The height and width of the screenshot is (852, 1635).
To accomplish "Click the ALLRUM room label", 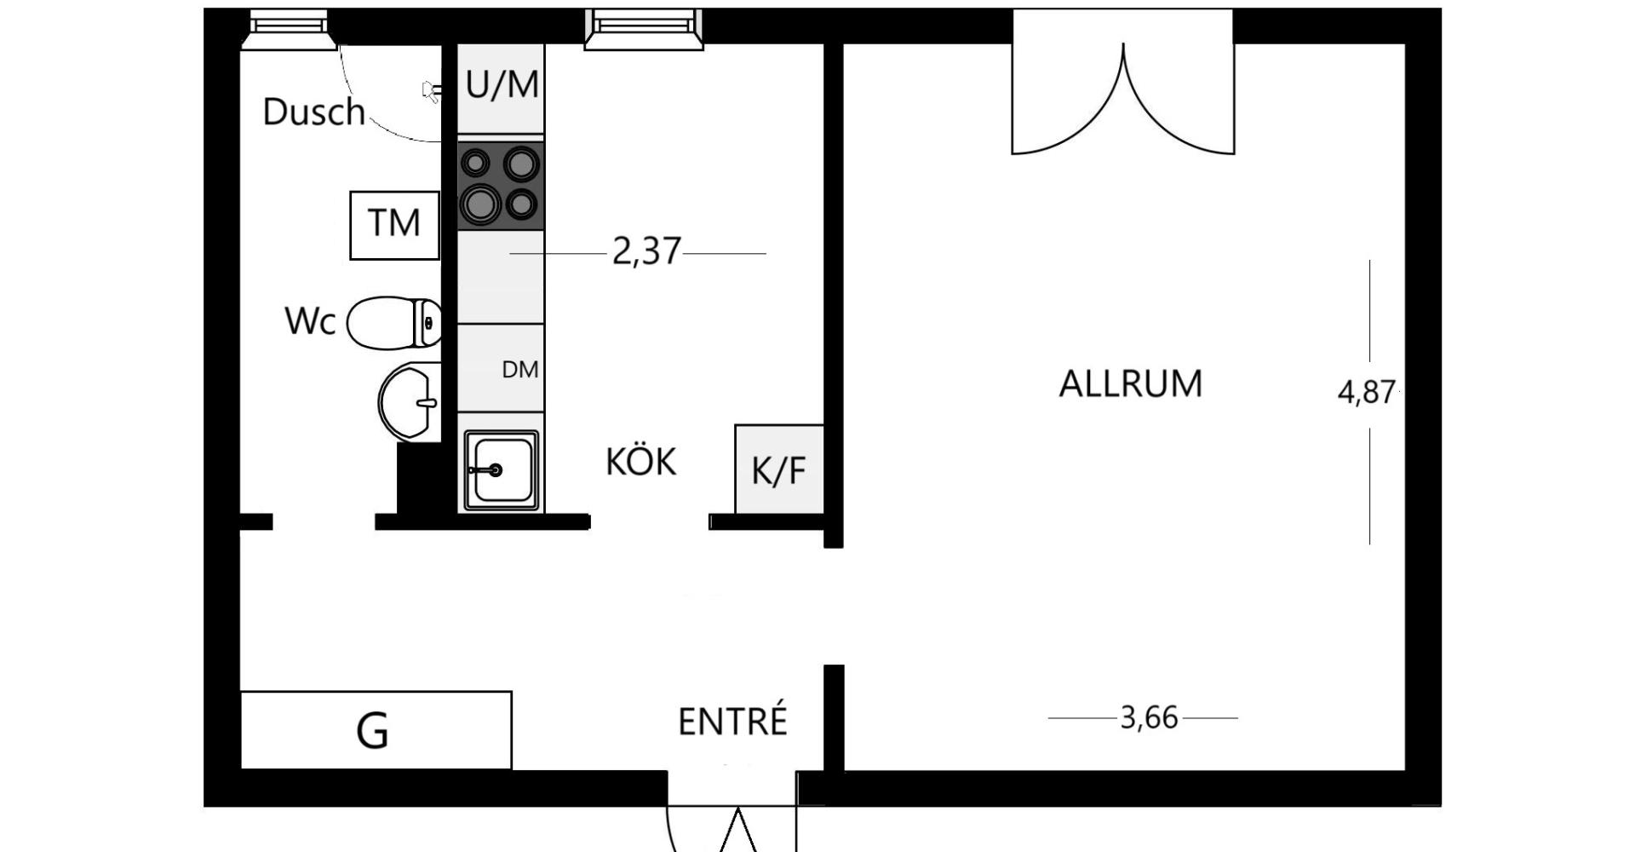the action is tap(1130, 383).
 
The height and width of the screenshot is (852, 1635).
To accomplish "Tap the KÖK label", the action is tap(640, 461).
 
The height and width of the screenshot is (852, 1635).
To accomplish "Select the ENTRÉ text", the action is tap(732, 721).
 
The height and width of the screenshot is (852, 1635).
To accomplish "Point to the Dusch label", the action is tap(313, 112).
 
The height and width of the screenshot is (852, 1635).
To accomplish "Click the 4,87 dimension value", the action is tap(1366, 392).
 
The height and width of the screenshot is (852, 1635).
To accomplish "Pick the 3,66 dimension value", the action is tap(1149, 718).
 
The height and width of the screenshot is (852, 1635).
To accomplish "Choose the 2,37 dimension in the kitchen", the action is tap(646, 252).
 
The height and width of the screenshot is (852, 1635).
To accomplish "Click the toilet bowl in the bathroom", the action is tap(394, 322).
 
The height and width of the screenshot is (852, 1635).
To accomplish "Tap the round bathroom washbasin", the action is tap(410, 401).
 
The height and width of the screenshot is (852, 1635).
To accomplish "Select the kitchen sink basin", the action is tap(501, 470).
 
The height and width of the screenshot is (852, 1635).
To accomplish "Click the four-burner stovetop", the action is tap(501, 186).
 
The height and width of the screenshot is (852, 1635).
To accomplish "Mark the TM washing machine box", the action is tap(394, 225).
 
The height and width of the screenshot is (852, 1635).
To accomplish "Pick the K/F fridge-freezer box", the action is tap(779, 469).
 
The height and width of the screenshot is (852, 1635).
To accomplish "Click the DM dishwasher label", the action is tap(520, 370).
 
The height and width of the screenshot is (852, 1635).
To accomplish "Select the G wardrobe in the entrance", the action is tap(376, 730).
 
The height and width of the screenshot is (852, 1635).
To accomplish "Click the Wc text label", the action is tap(310, 321).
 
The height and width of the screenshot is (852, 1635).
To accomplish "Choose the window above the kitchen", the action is tap(644, 30).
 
